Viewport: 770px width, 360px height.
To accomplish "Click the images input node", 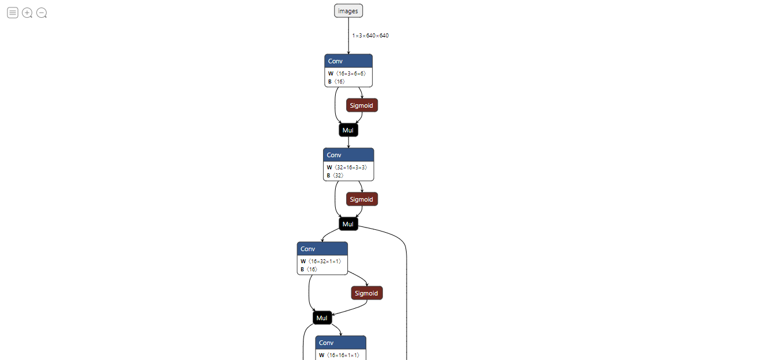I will pos(348,11).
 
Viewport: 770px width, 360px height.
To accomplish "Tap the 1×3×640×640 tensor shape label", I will pos(370,36).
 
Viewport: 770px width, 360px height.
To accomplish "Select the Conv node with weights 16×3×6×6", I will pos(348,61).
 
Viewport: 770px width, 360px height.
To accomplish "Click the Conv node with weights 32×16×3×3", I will pos(348,155).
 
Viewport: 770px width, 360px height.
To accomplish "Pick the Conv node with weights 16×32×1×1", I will pos(322,249).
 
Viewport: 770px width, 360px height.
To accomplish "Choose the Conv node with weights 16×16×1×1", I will pos(340,343).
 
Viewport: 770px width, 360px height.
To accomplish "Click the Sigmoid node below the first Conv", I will pos(362,105).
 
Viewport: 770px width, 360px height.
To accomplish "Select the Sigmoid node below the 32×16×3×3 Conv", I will pos(362,199).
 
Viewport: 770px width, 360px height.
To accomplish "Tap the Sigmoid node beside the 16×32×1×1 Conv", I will pos(367,293).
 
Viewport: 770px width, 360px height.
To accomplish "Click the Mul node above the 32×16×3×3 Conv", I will pos(348,130).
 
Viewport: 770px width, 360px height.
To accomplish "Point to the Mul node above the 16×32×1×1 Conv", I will pos(348,224).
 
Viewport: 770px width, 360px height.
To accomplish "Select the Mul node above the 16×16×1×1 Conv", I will pos(323,318).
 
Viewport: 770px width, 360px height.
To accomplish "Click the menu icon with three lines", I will pos(13,13).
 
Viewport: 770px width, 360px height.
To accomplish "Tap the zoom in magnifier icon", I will pos(27,13).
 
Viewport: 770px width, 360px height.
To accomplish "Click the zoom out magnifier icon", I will pos(41,13).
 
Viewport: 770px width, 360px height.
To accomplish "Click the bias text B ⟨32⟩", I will pos(335,175).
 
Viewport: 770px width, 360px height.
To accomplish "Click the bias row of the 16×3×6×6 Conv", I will pos(336,82).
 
